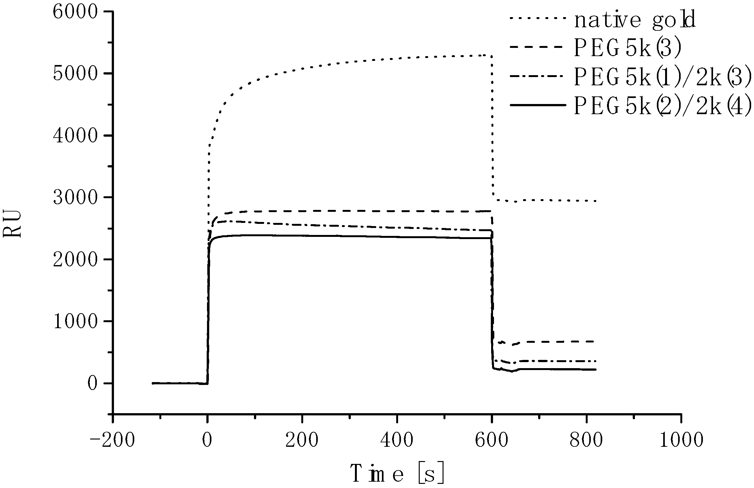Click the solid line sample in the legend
(538, 105)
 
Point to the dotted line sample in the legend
(538, 18)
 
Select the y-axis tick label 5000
(75, 75)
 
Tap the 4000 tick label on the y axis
(75, 136)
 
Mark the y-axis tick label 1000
(75, 322)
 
